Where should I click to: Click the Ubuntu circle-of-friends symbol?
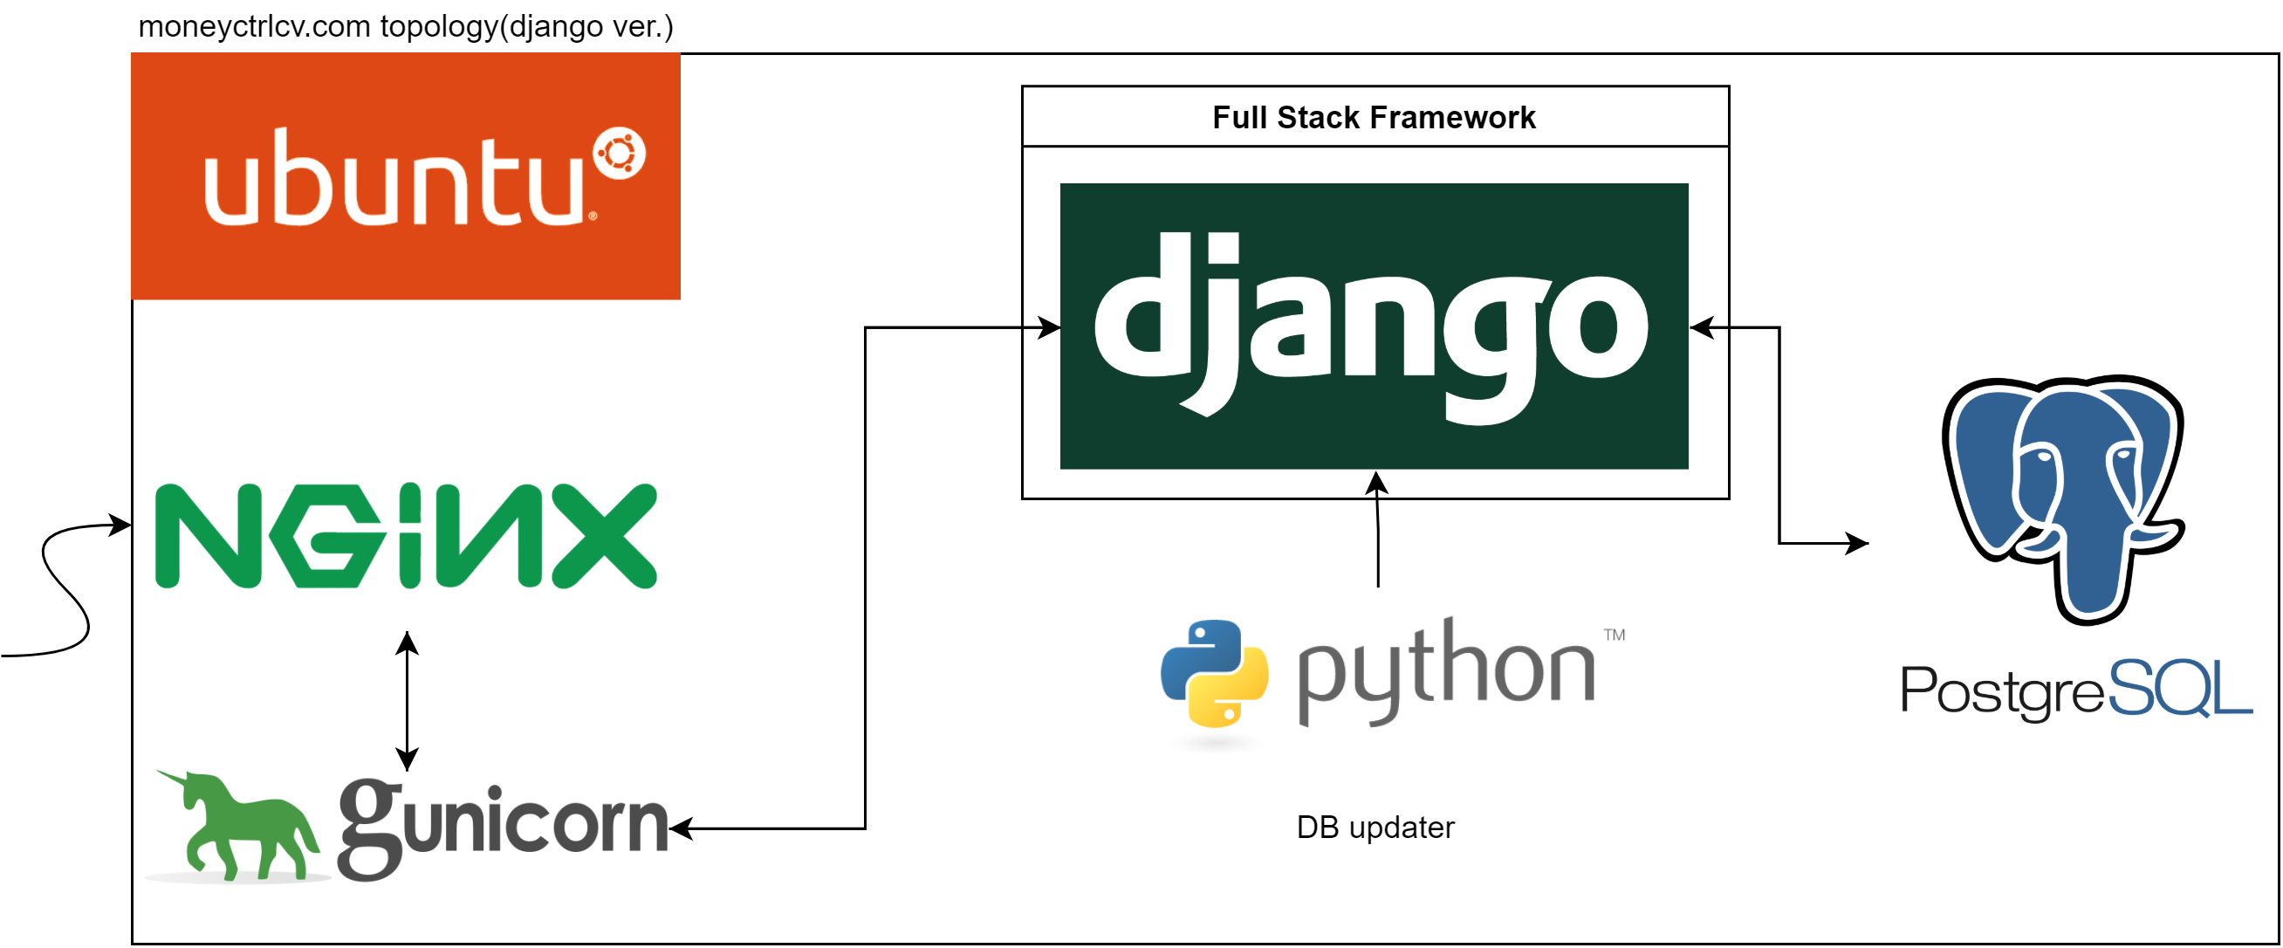(620, 155)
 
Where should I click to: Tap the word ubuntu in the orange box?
(394, 180)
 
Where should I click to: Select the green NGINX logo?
(406, 536)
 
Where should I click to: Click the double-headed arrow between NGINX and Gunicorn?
(407, 701)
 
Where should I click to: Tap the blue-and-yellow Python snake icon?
(1214, 674)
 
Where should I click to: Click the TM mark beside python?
(1614, 635)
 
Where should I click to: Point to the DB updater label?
(1375, 828)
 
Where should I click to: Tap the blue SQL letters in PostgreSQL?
(2179, 688)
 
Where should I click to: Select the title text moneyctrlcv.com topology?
(406, 25)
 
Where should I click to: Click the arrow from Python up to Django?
(1377, 532)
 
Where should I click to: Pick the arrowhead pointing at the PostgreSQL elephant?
(1857, 543)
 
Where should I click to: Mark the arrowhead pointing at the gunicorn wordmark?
(681, 829)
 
